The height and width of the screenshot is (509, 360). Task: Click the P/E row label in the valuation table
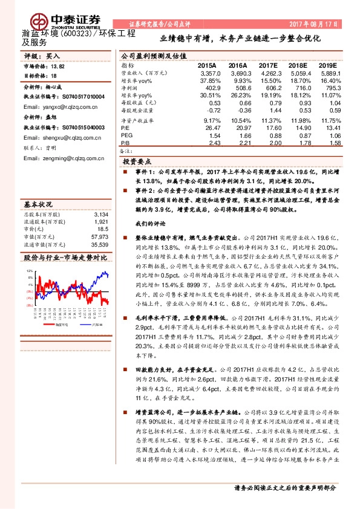click(x=125, y=128)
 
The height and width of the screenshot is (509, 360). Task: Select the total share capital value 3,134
click(x=101, y=197)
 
